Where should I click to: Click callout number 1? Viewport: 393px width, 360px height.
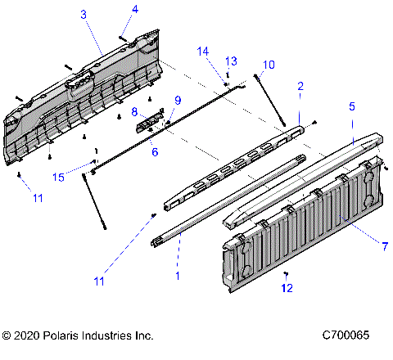(x=178, y=277)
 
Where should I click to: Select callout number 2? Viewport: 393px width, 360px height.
(x=300, y=86)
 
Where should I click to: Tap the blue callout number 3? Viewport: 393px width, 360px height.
(x=83, y=14)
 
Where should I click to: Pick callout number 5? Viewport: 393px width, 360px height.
(x=352, y=106)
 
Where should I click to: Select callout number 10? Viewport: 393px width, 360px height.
(x=269, y=65)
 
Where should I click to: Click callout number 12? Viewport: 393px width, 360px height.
(x=286, y=287)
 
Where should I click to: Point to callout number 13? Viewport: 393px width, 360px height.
(x=231, y=61)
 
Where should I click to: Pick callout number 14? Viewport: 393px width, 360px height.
(x=202, y=51)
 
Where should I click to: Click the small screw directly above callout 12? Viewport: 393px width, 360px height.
(x=284, y=272)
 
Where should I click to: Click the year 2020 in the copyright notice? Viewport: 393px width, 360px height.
(x=29, y=335)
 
